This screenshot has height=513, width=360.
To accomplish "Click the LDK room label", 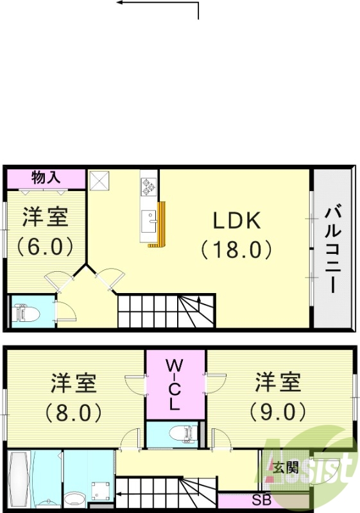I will [237, 221].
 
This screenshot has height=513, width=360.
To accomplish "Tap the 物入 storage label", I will [46, 178].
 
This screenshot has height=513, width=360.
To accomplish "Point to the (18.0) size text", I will [237, 249].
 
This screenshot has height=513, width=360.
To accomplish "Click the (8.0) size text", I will [74, 412].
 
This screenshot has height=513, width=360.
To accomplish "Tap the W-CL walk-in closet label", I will [175, 385].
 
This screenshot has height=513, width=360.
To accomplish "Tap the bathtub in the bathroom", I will [19, 481].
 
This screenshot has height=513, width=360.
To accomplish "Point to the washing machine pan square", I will [100, 491].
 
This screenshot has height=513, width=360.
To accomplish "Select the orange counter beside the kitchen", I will [161, 224].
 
